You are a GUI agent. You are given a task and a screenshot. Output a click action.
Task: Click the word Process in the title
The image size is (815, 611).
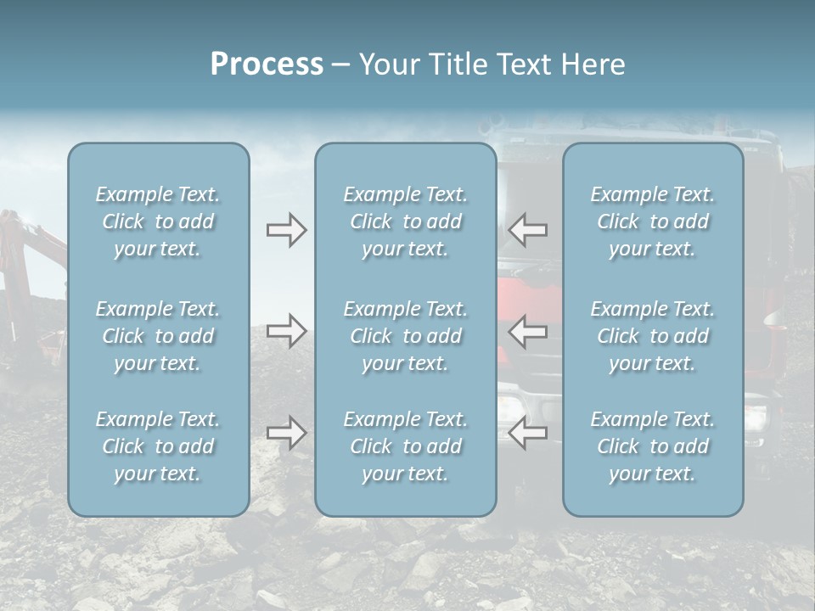[x=267, y=64]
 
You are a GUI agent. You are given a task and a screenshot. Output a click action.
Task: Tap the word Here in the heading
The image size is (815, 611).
[x=592, y=64]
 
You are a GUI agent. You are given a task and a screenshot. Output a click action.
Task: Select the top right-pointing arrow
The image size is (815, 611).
[x=286, y=230]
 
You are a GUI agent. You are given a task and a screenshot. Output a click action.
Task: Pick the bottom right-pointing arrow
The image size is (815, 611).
[x=286, y=433]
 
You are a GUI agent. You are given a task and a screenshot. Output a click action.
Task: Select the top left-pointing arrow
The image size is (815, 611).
[x=528, y=229]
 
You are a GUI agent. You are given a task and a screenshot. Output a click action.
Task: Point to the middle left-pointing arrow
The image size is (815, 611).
[x=528, y=330]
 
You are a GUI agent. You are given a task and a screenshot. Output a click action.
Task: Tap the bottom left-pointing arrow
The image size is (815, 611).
[x=528, y=433]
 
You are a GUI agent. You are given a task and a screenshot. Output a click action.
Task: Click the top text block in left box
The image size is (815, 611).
[x=158, y=221]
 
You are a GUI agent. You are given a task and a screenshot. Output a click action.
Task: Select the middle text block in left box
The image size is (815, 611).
[x=158, y=336]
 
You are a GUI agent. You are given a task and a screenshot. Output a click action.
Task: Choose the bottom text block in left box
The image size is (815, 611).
[x=158, y=446]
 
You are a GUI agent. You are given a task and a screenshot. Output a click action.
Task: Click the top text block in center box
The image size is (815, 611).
[x=406, y=221]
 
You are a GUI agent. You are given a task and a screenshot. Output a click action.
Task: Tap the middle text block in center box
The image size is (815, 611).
[x=406, y=336]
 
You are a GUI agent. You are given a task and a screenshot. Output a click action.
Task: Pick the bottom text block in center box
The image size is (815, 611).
[x=406, y=446]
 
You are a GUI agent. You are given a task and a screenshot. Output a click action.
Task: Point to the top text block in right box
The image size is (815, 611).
[x=653, y=221]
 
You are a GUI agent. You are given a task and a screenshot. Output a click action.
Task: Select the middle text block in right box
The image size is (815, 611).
[x=653, y=336]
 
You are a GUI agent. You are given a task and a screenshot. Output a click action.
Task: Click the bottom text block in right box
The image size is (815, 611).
[x=653, y=446]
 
